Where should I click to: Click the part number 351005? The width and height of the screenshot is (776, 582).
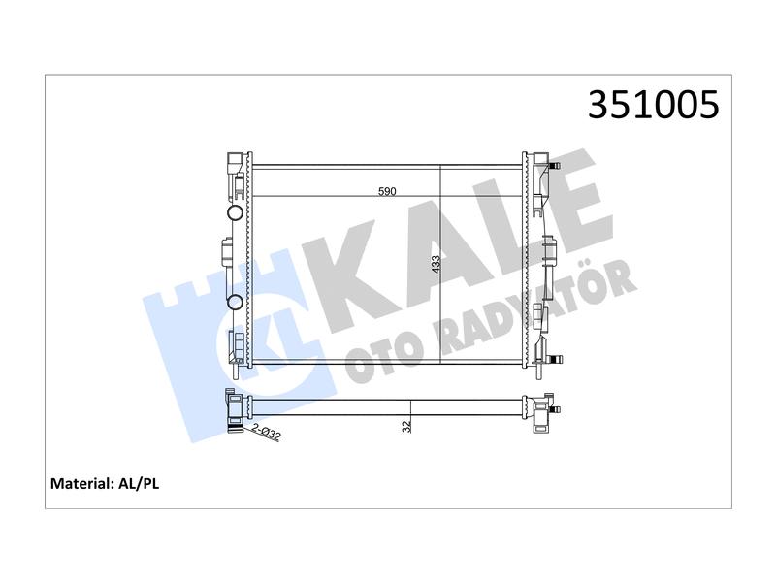pyautogui.click(x=653, y=105)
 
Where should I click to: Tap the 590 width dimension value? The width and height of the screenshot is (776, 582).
pyautogui.click(x=387, y=191)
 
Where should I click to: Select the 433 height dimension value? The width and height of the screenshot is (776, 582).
pyautogui.click(x=436, y=264)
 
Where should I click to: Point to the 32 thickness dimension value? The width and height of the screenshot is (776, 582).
pyautogui.click(x=406, y=427)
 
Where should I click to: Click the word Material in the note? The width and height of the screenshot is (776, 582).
pyautogui.click(x=81, y=483)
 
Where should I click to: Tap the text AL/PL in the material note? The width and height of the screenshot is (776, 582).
pyautogui.click(x=139, y=483)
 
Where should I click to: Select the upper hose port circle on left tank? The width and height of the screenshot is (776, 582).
pyautogui.click(x=235, y=213)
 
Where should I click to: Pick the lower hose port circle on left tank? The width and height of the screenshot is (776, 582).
pyautogui.click(x=235, y=302)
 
